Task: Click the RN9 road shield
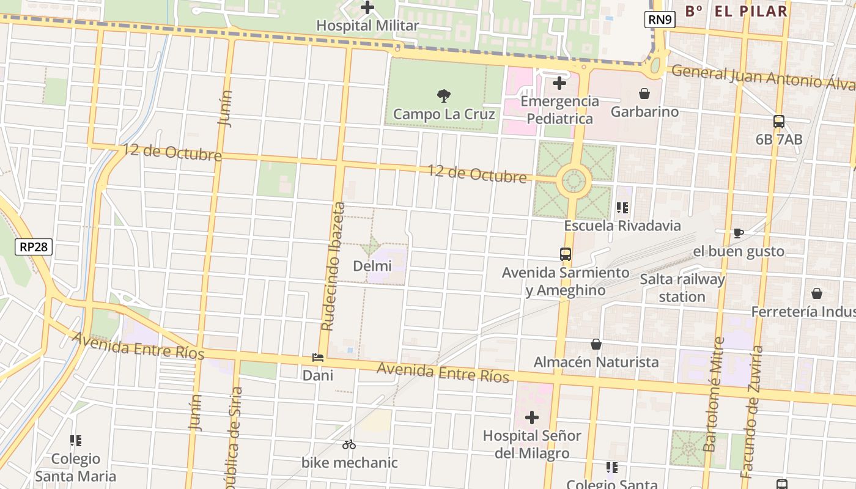(660, 20)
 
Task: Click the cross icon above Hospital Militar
(367, 8)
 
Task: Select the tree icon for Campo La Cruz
(444, 96)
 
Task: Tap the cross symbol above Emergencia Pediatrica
(559, 83)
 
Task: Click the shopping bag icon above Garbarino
(644, 94)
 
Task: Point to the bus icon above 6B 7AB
(778, 122)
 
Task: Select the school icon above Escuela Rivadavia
(622, 208)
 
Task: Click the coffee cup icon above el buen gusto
(738, 233)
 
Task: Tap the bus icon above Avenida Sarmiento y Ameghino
(566, 254)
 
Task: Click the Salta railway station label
(682, 288)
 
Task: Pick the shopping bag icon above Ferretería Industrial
(816, 293)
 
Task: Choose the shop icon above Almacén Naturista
(596, 344)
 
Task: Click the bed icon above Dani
(317, 358)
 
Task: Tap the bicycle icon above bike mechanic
(349, 444)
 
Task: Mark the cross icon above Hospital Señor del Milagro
(532, 417)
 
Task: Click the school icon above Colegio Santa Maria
(75, 441)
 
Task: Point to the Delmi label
(372, 266)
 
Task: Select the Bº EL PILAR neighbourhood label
(736, 11)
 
